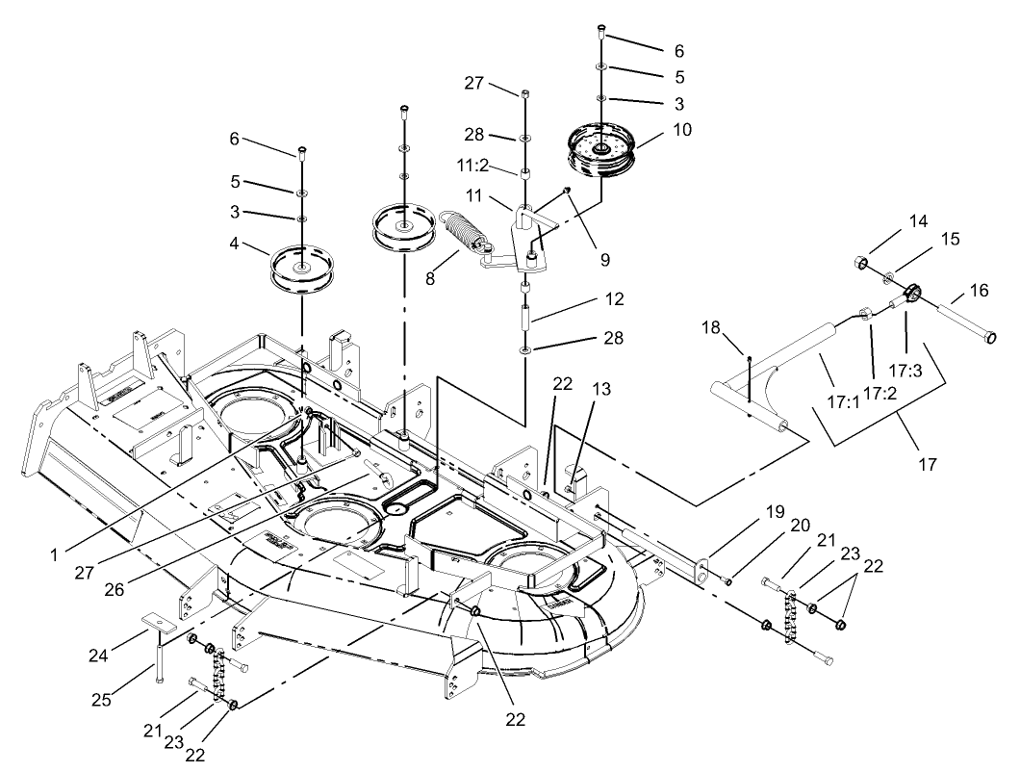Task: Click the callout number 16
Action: point(979,289)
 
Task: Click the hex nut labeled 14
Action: point(861,262)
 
